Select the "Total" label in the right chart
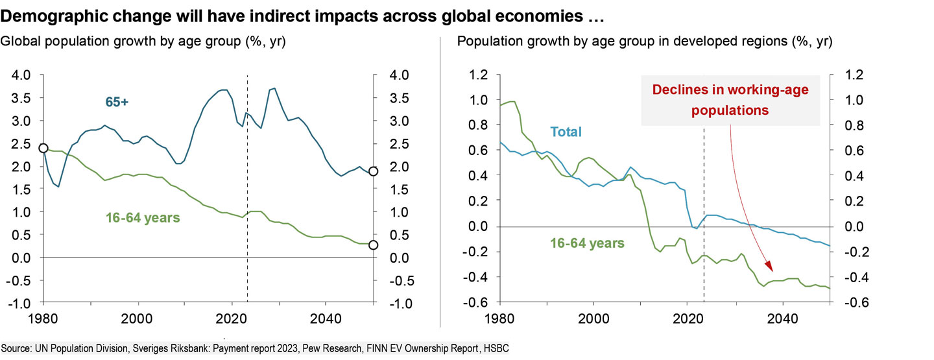pyautogui.click(x=566, y=132)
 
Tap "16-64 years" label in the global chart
pyautogui.click(x=143, y=217)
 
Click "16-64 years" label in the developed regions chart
pyautogui.click(x=588, y=243)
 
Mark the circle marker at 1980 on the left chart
pyautogui.click(x=43, y=148)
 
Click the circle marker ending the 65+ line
pyautogui.click(x=374, y=171)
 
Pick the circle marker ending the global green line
pyautogui.click(x=374, y=245)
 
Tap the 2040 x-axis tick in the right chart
pyautogui.click(x=782, y=319)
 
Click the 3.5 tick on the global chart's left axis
pyautogui.click(x=23, y=98)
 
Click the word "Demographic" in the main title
pyautogui.click(x=51, y=13)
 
